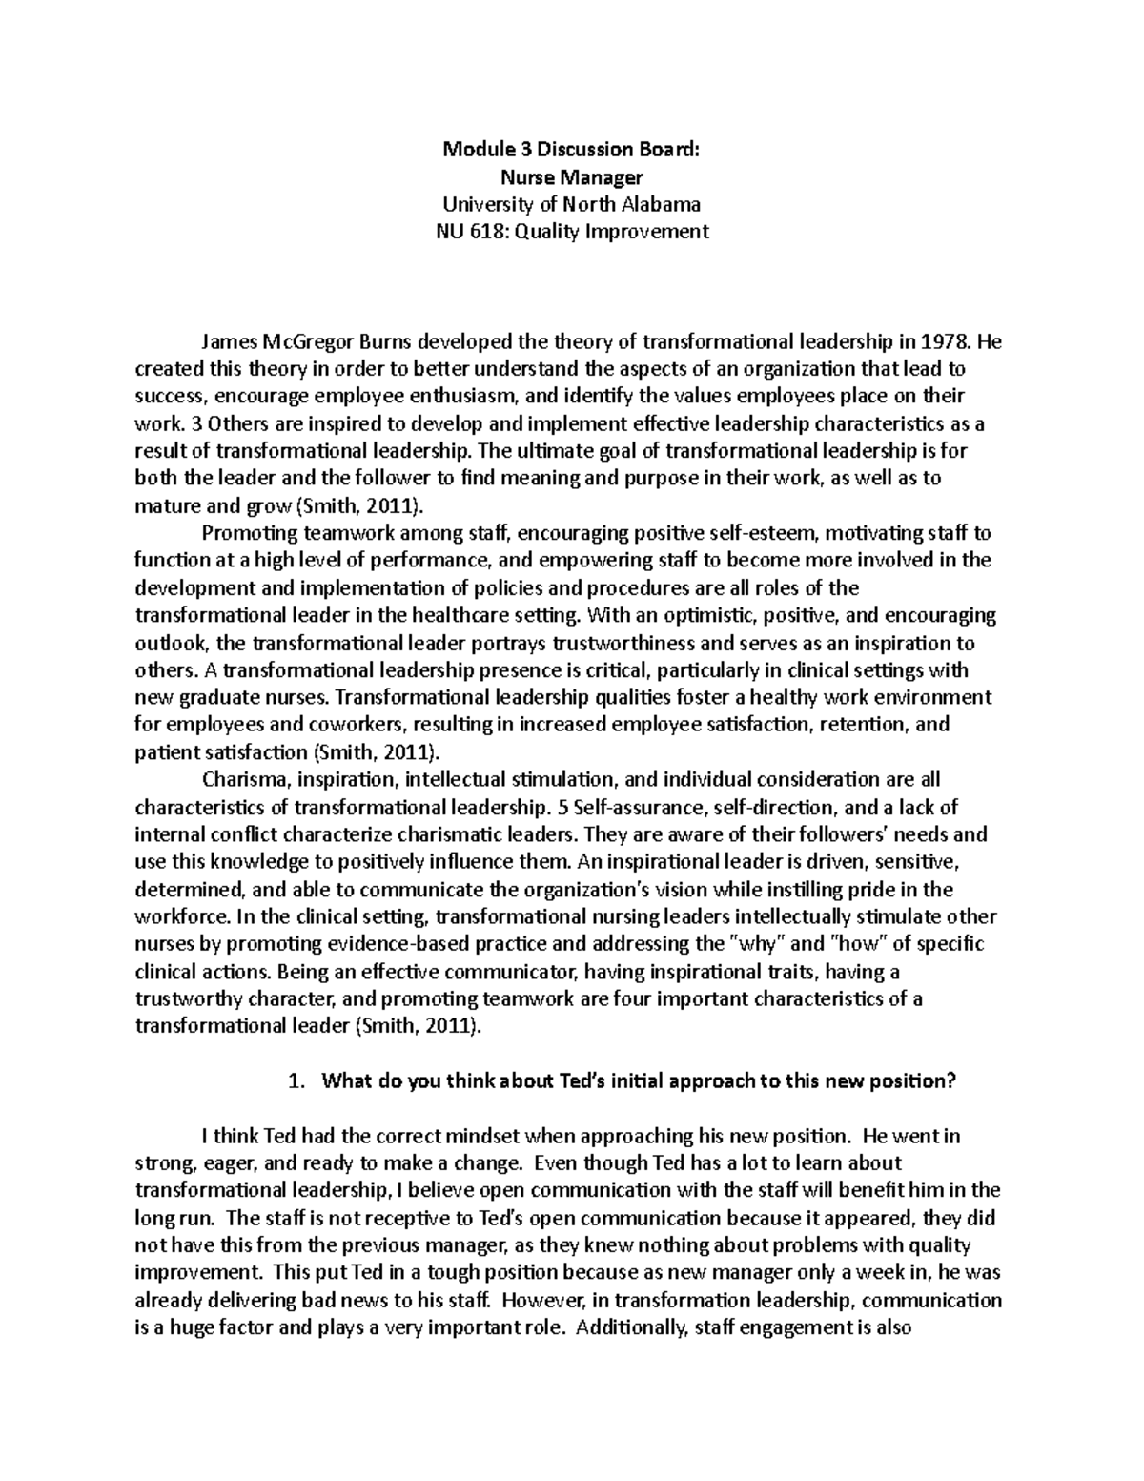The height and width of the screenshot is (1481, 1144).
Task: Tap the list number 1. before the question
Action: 296,1081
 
